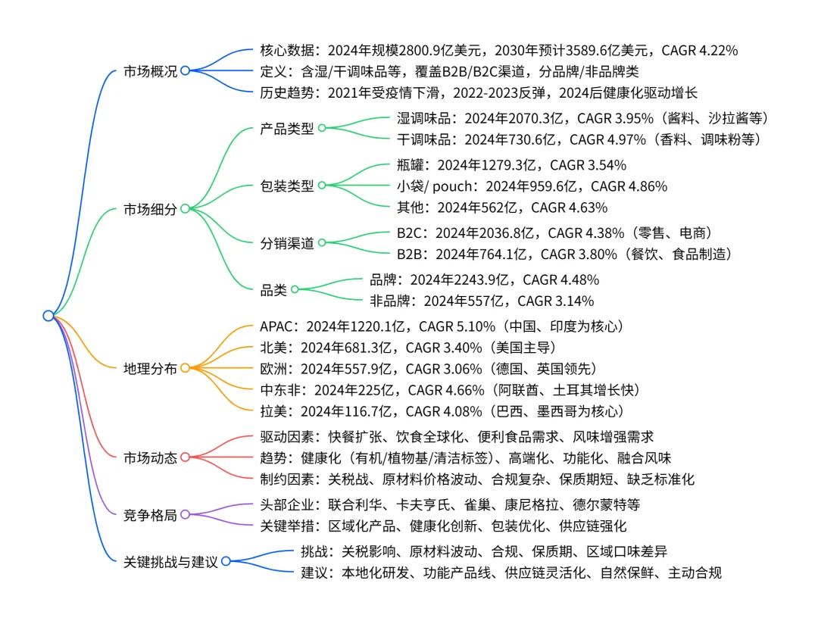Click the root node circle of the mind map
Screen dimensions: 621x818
tap(48, 316)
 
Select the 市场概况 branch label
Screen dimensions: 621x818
tap(150, 72)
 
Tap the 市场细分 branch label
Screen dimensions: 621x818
tap(150, 209)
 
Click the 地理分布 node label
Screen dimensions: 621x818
tap(150, 369)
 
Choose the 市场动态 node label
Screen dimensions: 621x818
tap(150, 457)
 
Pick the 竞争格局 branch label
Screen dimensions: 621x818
tap(150, 515)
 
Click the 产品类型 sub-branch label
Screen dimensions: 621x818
tap(286, 128)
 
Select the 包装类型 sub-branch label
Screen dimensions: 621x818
tap(286, 186)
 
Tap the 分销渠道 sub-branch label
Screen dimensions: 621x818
tap(286, 243)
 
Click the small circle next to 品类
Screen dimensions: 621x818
tap(295, 289)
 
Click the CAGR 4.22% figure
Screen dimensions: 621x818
tap(700, 51)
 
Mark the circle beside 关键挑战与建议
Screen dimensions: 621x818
tap(225, 562)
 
